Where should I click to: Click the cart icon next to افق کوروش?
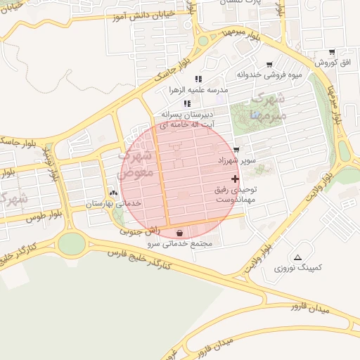tap(332, 52)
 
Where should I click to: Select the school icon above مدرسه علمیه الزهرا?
tap(198, 79)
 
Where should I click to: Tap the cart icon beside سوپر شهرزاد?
tap(236, 150)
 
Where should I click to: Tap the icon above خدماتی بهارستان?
tap(113, 192)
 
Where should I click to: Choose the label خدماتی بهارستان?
tap(114, 203)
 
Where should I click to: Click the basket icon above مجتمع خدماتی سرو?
tap(181, 233)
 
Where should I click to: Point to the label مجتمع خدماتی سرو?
tap(184, 244)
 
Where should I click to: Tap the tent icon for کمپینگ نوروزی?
tap(299, 257)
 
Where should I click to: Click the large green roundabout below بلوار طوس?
tap(71, 244)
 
